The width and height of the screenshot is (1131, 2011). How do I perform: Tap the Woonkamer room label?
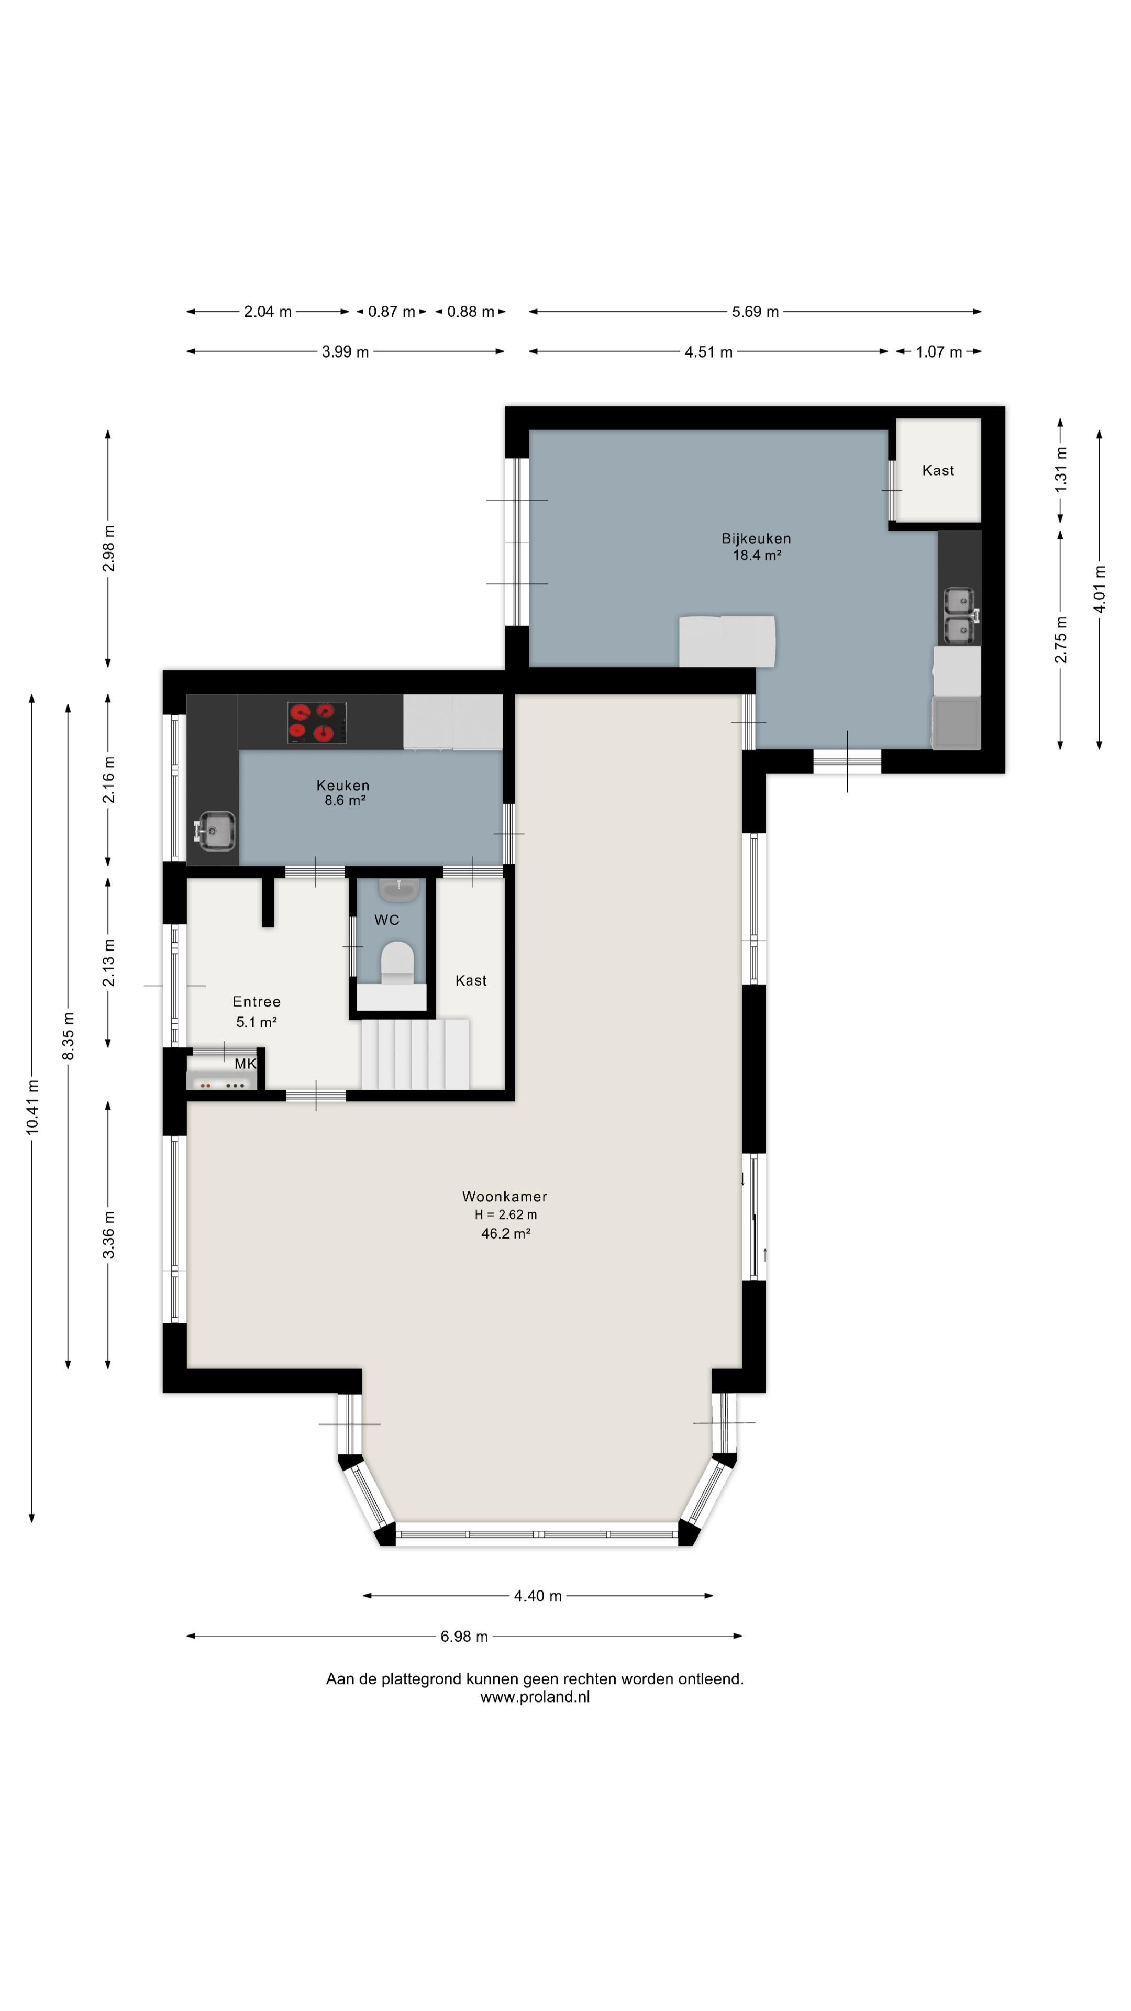point(504,1197)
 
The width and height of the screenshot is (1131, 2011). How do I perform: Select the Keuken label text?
point(342,786)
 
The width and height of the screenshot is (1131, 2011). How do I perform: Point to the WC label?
point(386,920)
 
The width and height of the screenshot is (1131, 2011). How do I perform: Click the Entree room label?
point(256,1002)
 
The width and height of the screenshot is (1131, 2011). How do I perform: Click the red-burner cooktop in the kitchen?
point(316,722)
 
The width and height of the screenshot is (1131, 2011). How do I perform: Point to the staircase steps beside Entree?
point(415,1054)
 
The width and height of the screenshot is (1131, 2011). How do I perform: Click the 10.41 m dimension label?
point(32,1107)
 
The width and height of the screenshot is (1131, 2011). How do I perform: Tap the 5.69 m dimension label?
point(755,312)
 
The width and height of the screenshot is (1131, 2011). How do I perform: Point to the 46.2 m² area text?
point(506,1233)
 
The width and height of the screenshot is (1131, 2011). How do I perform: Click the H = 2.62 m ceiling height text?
point(506,1215)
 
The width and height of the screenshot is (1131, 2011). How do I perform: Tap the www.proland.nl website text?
point(535,1696)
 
